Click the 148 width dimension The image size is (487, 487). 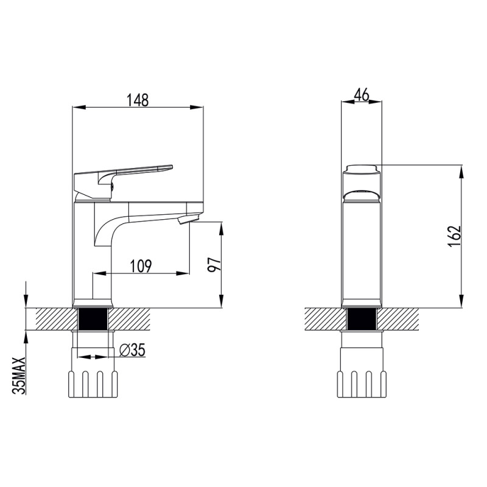tap(138, 100)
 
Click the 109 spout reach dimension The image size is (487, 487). tap(141, 265)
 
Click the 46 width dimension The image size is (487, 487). tap(362, 94)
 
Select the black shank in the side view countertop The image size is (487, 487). tap(93, 319)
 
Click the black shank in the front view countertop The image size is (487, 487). tap(362, 319)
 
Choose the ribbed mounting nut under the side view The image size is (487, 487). tap(93, 384)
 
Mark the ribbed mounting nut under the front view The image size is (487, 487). tap(362, 384)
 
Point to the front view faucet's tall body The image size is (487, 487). tap(362, 250)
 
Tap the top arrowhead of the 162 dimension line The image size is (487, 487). tap(463, 168)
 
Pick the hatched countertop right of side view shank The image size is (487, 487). tap(131, 318)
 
